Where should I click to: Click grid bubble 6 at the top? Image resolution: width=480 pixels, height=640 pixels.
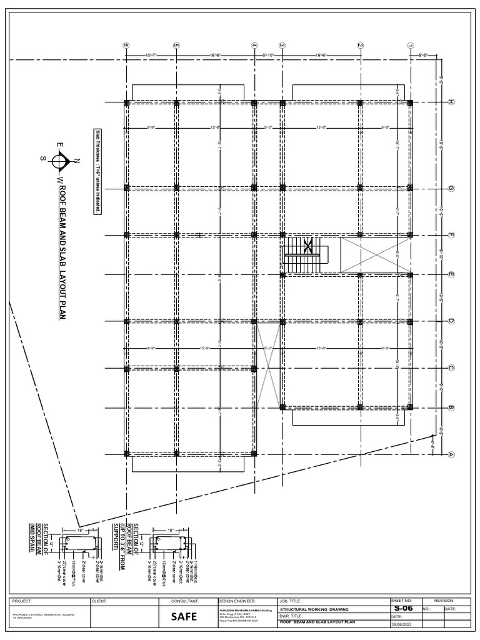coord(126,45)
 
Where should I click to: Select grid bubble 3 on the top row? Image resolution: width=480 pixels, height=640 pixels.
coord(282,45)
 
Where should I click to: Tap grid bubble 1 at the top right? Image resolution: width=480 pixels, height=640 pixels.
coord(410,45)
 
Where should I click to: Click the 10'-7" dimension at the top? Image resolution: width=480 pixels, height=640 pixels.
coord(152,56)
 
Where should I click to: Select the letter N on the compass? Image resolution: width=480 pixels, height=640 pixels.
coord(76,162)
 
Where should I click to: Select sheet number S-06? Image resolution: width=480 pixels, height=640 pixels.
coord(404,608)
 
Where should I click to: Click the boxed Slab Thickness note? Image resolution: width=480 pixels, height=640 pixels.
coord(98,171)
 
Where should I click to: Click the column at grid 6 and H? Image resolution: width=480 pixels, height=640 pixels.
coord(126,102)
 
